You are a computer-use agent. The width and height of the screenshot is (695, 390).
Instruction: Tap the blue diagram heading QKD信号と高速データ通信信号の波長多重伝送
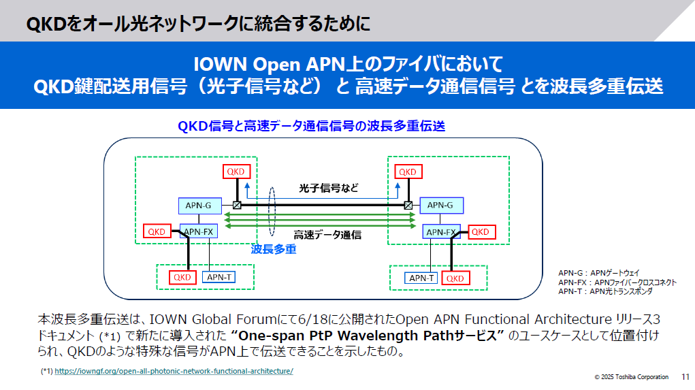(311, 126)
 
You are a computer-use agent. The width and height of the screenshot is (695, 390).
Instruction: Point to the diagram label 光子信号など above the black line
(329, 188)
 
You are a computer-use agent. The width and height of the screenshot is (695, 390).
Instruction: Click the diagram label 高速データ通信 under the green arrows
(327, 235)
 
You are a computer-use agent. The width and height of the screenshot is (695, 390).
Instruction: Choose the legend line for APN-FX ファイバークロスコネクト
(617, 282)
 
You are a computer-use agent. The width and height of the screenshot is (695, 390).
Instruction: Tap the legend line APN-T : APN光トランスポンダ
(605, 291)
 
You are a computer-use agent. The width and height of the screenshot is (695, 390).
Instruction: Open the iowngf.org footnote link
(174, 372)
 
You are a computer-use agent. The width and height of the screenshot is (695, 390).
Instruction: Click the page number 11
(684, 376)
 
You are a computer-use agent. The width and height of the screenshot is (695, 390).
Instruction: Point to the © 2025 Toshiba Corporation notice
(631, 377)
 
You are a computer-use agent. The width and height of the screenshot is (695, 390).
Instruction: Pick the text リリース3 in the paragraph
(636, 319)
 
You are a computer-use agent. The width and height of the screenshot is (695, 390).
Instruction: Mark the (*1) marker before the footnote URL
(46, 372)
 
